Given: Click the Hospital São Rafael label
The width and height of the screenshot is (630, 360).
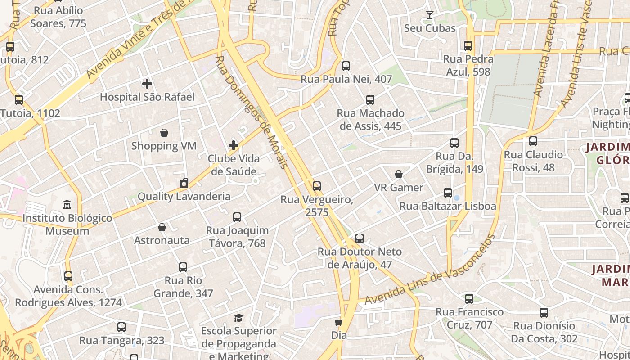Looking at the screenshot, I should pos(147,97).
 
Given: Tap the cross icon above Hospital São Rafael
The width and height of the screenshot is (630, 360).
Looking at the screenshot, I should pos(147,84).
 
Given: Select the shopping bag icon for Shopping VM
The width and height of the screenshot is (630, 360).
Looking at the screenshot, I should pos(164,133).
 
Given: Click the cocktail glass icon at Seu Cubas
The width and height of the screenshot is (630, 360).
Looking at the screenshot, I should pos(430,15).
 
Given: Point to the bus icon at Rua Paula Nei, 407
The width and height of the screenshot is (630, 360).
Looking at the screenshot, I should pos(346,66).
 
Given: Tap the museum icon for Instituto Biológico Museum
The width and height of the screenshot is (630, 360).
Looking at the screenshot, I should pos(67,205).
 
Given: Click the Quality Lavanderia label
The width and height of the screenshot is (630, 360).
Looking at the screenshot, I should pos(184,196).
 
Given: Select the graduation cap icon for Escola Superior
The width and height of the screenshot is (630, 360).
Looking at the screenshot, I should pos(238,318).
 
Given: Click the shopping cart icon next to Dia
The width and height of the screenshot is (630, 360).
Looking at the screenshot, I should pos(339,322).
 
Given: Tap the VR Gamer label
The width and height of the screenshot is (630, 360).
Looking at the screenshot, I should pos(399,187).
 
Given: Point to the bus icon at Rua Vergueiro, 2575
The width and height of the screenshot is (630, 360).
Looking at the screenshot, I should pos(317,186).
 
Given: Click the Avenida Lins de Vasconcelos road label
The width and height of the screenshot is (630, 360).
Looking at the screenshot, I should pos(430,269).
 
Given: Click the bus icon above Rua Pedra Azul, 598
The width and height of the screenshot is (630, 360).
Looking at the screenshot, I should pos(468,46).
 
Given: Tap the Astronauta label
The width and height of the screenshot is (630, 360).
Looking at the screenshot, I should pos(162,240).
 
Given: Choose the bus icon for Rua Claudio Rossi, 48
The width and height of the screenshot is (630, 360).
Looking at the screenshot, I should pos(533,141).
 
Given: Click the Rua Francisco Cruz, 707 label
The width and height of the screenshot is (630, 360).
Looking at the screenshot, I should pos(469,318).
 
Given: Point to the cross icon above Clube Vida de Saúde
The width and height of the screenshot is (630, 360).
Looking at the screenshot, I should pos(234,145).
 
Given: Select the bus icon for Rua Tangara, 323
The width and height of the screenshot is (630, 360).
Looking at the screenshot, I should pos(121,327).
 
